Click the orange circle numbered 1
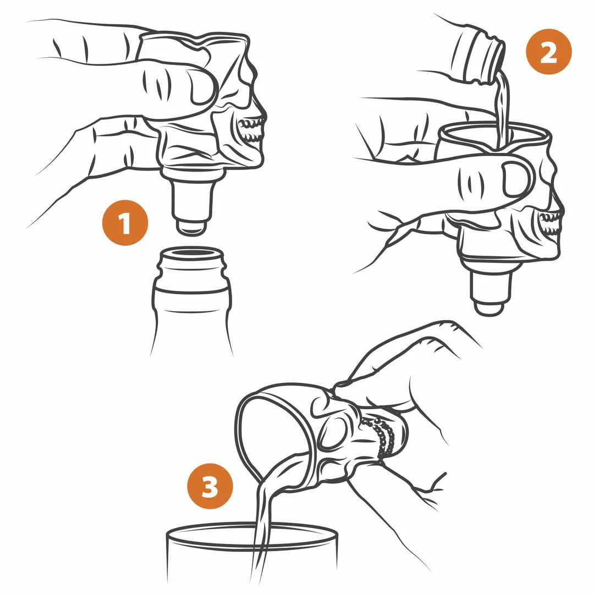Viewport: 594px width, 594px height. pos(125,223)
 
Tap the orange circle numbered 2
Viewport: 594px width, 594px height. pos(548,52)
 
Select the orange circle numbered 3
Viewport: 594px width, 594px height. pos(210,486)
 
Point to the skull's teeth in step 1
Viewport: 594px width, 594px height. pos(251,130)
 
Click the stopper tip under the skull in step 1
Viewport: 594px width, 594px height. pos(192,227)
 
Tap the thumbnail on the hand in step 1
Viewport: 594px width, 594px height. pos(202,87)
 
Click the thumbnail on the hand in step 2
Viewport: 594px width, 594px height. pos(515,179)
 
